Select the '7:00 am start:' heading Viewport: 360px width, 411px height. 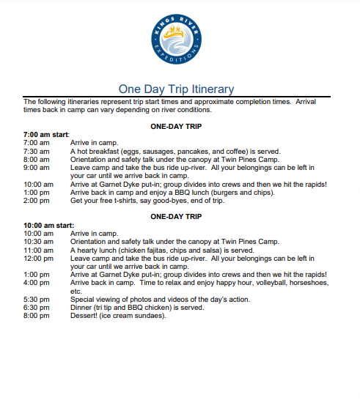pos(46,135)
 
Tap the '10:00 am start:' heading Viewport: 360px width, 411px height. pos(48,225)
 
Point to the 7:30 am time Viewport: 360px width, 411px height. pos(36,150)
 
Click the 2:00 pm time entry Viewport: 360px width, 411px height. pos(36,201)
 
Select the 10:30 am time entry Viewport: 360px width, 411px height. pos(38,241)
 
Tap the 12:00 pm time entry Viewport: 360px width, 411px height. pos(38,258)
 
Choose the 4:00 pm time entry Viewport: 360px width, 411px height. pos(36,283)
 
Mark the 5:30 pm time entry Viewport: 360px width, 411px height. pos(36,300)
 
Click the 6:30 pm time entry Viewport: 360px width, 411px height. pos(36,308)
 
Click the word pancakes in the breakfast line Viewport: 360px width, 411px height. pos(207,150)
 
